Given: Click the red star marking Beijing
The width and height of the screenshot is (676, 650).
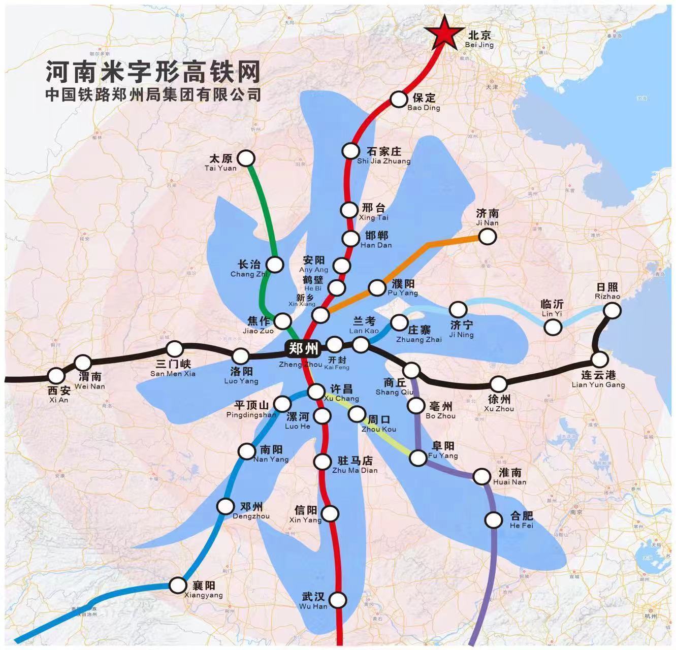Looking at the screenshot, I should (x=445, y=33).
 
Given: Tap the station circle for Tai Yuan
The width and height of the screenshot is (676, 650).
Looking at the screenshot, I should (x=247, y=158).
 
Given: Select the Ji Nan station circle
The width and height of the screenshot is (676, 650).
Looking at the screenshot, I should (x=487, y=236).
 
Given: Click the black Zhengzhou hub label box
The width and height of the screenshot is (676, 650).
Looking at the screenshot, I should (x=303, y=349).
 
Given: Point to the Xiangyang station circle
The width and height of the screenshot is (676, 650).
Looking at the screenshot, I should (x=178, y=585).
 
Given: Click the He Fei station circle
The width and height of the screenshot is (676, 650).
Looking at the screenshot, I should (x=494, y=520).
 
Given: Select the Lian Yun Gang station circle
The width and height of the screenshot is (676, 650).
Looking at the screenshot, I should (x=600, y=360).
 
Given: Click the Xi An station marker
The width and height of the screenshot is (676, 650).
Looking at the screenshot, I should (x=56, y=376).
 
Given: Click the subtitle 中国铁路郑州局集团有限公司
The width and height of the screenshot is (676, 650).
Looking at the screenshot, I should (x=153, y=95).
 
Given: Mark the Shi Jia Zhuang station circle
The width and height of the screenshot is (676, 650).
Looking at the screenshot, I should (x=350, y=151).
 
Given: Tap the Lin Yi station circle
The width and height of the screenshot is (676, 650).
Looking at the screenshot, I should (x=553, y=327).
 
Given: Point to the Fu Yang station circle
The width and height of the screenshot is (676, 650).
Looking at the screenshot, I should (x=418, y=458).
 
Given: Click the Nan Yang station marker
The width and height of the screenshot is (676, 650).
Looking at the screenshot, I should (x=247, y=451).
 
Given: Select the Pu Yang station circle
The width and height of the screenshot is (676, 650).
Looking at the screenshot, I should (x=377, y=288).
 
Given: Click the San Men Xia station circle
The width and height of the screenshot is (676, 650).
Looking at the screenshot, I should (x=175, y=349).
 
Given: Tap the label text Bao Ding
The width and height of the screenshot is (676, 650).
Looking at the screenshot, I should (x=424, y=108).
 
